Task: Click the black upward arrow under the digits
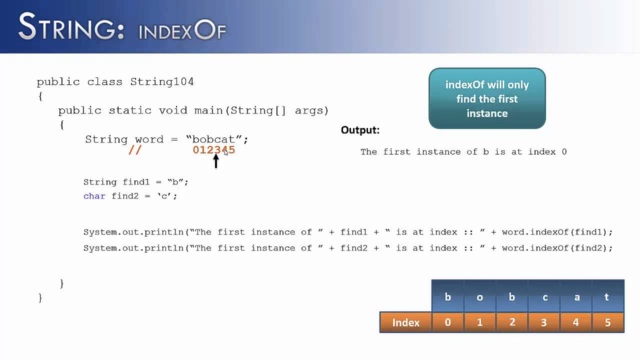tap(216, 161)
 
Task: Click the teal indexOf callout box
tap(487, 98)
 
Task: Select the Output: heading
tap(360, 130)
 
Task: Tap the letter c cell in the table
tap(544, 297)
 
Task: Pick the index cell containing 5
tap(607, 322)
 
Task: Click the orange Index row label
tap(405, 322)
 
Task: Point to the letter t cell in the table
tap(607, 297)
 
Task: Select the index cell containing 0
tap(447, 322)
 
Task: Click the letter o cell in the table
tap(479, 297)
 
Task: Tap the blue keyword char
tap(94, 196)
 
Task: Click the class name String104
tap(162, 81)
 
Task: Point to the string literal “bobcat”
tap(214, 139)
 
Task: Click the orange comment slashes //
tap(135, 150)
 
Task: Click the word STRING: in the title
tap(71, 27)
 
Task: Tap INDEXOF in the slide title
tap(182, 31)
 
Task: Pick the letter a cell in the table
tap(576, 297)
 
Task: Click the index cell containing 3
tap(544, 322)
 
